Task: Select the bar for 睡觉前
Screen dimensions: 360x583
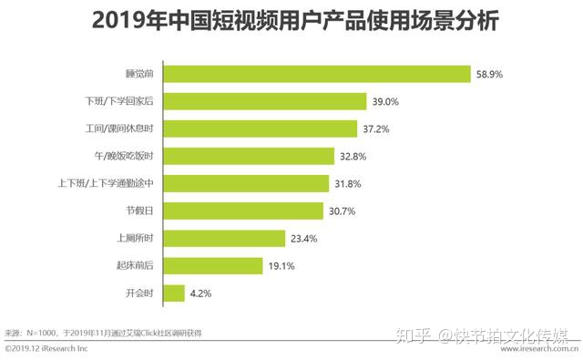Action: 318,74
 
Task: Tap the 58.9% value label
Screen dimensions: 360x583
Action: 490,74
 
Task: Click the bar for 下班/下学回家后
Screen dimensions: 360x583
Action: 265,101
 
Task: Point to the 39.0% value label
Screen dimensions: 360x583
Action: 384,101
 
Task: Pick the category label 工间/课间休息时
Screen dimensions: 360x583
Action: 130,129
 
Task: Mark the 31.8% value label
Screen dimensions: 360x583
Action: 348,183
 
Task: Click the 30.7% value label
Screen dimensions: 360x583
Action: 342,211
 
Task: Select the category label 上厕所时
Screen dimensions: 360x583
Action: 142,239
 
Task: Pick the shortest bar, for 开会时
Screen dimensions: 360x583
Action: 173,293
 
